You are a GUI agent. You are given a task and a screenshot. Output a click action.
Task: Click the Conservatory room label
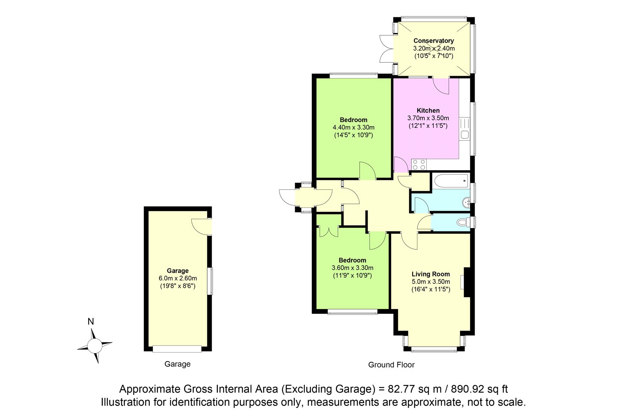pos(433,41)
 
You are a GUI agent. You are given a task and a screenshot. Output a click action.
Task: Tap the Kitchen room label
pos(428,111)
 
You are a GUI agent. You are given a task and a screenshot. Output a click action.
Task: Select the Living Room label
pos(431,274)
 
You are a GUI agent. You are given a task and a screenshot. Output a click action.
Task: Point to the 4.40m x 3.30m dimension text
pos(353,127)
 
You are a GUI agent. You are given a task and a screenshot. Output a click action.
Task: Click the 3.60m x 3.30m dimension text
pos(352,268)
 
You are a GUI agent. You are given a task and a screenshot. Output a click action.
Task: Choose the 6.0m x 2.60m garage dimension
pos(178,278)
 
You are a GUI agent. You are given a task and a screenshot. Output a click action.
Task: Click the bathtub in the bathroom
pos(451,181)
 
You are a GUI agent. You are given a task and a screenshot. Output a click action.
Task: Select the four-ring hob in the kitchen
pos(419,164)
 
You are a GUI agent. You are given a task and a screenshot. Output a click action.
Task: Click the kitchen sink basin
pos(465,135)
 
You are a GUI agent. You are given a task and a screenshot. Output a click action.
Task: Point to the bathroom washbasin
pos(466,202)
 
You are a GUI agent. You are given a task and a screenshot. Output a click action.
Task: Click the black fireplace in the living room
pos(467,282)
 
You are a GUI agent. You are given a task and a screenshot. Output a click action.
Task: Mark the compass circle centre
pos(94,346)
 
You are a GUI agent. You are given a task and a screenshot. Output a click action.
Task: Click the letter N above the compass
pos(91,322)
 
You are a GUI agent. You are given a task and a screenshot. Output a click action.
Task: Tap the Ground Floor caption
pos(391,365)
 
